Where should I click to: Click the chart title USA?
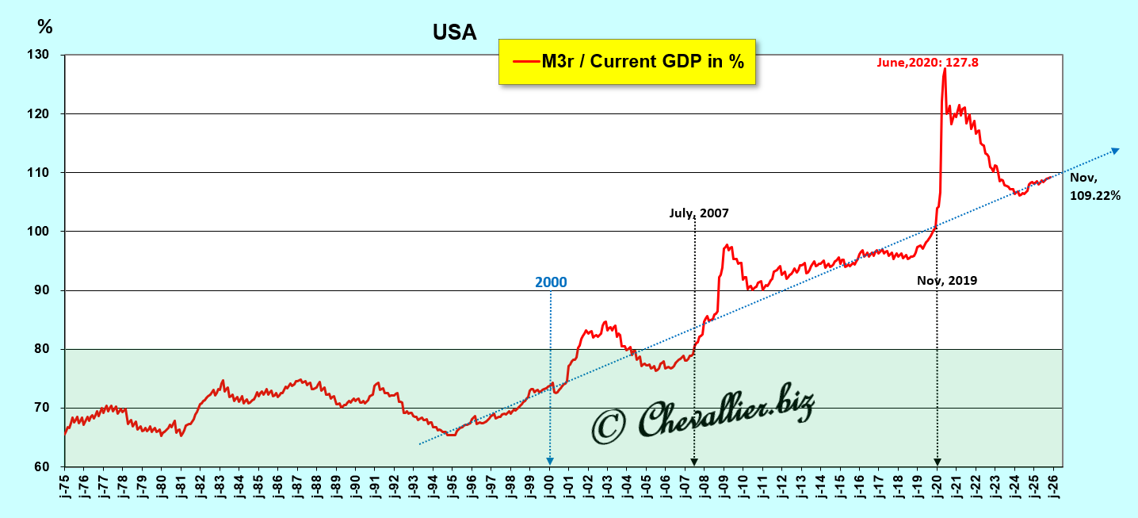(454, 32)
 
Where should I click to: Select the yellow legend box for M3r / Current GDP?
(627, 61)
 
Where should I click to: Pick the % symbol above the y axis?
(45, 28)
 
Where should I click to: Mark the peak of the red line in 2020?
(945, 69)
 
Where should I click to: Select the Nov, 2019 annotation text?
(947, 280)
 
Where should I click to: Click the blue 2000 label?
(551, 282)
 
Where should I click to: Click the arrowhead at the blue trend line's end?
(1115, 150)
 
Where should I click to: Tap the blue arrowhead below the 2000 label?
(550, 461)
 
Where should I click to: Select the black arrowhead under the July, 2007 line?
(694, 461)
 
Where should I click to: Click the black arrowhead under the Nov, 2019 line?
(937, 461)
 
